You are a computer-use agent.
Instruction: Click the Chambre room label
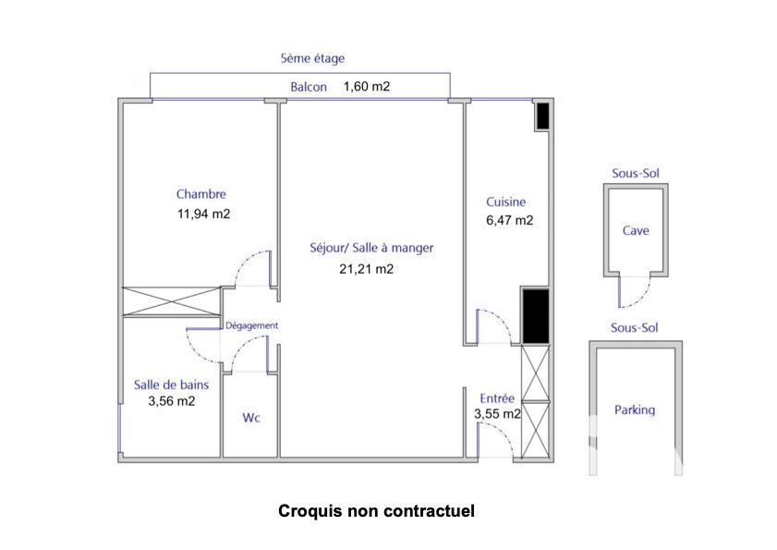(x=200, y=194)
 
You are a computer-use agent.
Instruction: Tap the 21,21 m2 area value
(x=366, y=269)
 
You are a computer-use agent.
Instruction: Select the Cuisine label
(x=505, y=202)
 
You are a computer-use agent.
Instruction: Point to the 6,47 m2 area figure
(x=509, y=220)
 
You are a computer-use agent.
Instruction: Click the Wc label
(x=251, y=418)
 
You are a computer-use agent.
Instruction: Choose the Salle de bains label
(x=171, y=385)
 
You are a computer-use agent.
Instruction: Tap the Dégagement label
(x=251, y=325)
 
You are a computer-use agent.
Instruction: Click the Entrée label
(x=497, y=398)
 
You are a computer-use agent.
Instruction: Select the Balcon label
(x=309, y=87)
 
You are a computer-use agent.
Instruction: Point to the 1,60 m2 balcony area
(x=367, y=86)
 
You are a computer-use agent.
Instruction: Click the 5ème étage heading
(x=312, y=58)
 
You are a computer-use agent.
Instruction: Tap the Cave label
(x=636, y=230)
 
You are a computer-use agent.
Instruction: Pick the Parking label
(x=635, y=409)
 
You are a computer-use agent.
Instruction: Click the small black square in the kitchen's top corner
(x=543, y=116)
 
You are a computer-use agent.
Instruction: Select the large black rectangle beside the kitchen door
(x=536, y=316)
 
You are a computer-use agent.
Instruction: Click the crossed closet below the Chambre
(x=172, y=301)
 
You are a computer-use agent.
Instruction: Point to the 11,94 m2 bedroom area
(x=203, y=214)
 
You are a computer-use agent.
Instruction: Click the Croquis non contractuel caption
(x=376, y=511)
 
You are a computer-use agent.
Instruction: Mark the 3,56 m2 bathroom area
(x=172, y=401)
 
